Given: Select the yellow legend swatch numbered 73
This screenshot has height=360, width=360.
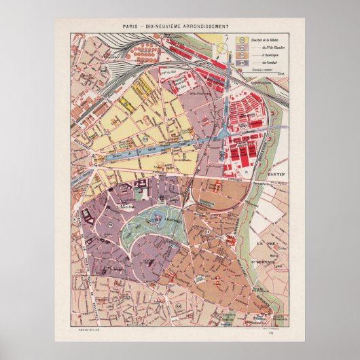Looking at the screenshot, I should coord(242,39).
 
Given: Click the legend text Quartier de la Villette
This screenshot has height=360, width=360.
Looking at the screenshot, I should coord(266,39).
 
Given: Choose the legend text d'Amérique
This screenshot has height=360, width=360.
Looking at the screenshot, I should coord(270,55).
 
